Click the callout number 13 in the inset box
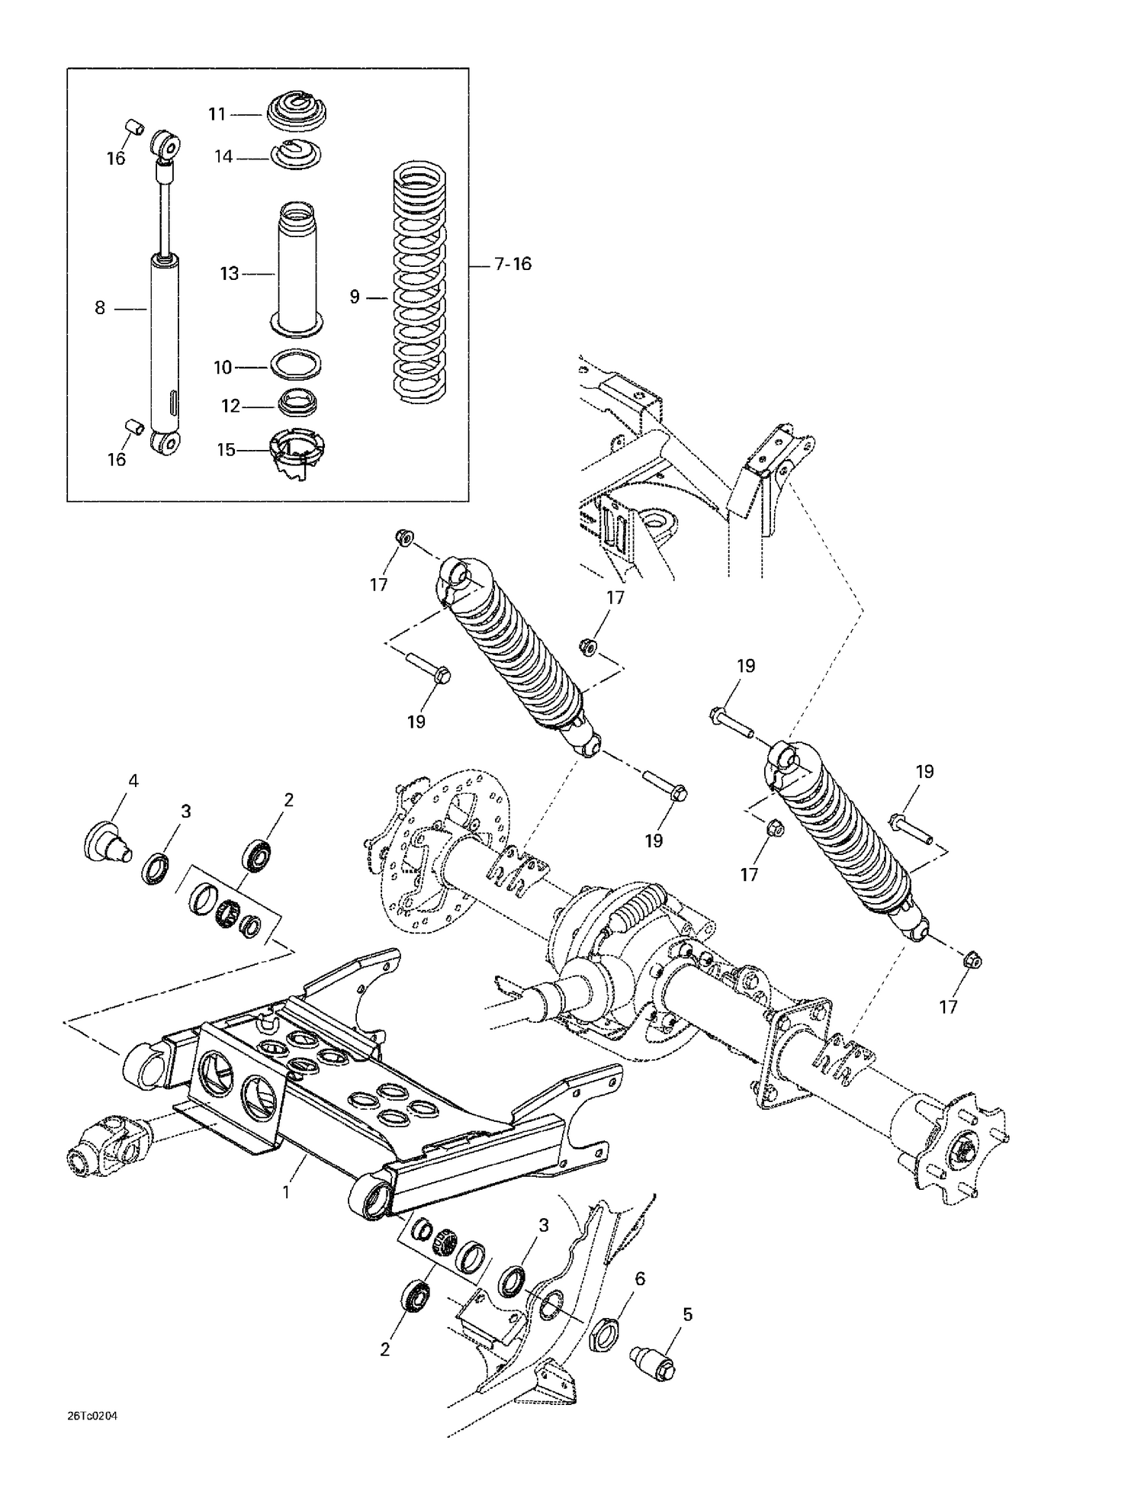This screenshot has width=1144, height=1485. pos(229,274)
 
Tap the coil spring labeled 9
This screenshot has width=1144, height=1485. pos(422,282)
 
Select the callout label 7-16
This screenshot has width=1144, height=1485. pos(513,265)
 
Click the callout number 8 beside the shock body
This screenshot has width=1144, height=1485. pos(100,308)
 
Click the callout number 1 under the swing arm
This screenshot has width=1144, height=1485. pos(286,1191)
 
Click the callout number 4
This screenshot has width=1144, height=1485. pos(133,780)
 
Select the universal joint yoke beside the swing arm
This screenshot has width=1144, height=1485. pos(103,1143)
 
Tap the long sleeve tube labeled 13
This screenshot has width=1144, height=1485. pos(297,267)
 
